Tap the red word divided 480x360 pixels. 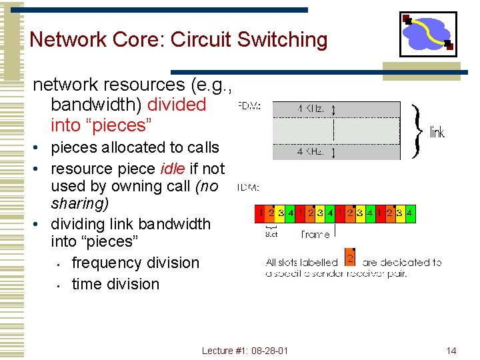177,105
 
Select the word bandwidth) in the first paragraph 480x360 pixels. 95,105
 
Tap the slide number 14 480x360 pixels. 451,350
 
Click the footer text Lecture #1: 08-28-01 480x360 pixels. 245,350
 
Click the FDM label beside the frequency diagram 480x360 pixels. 249,105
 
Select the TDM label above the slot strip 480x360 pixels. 249,187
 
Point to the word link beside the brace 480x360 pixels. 437,132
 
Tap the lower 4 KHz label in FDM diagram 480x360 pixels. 311,152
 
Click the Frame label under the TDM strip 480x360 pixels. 315,234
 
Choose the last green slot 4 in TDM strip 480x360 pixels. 411,213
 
